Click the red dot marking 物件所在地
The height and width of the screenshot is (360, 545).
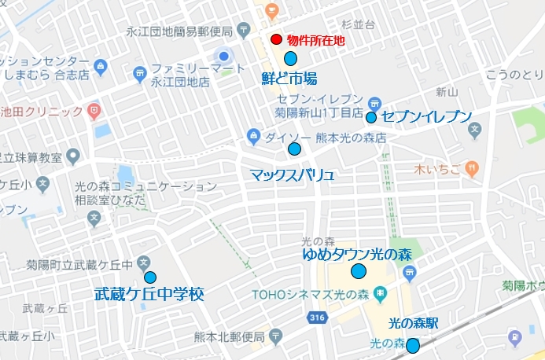pyautogui.click(x=276, y=40)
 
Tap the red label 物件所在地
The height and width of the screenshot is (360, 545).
pyautogui.click(x=315, y=40)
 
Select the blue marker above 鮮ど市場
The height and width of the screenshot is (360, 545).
pyautogui.click(x=290, y=58)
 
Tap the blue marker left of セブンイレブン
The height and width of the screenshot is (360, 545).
pyautogui.click(x=370, y=118)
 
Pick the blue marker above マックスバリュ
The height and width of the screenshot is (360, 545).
pyautogui.click(x=295, y=149)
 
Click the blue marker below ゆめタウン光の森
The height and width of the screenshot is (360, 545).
pyautogui.click(x=359, y=271)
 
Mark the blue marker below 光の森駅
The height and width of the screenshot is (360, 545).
pyautogui.click(x=412, y=345)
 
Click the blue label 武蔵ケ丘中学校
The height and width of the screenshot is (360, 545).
pyautogui.click(x=149, y=296)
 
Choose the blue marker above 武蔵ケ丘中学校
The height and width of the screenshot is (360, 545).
pyautogui.click(x=149, y=277)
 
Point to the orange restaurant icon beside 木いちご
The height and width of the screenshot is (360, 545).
pyautogui.click(x=471, y=167)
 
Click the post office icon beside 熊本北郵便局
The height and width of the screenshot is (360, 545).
pyautogui.click(x=276, y=336)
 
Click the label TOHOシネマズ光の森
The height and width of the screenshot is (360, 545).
pyautogui.click(x=311, y=295)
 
